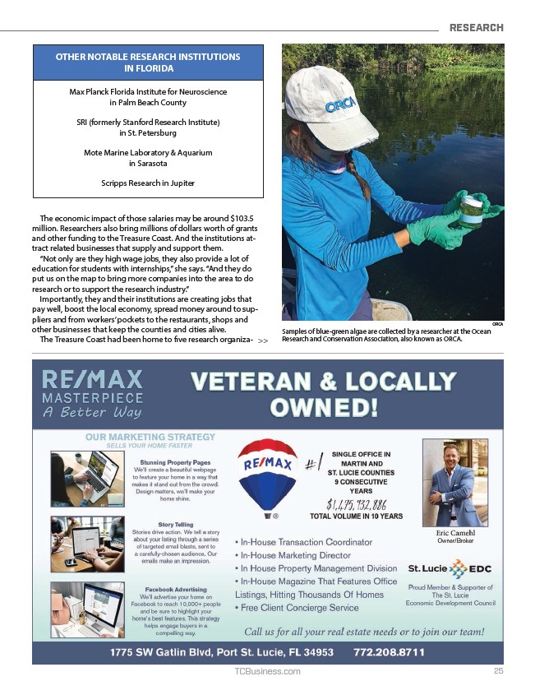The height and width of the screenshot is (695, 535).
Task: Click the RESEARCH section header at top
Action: (476, 27)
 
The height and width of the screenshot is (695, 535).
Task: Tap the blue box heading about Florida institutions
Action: (148, 63)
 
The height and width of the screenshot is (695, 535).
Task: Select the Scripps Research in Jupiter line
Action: (148, 182)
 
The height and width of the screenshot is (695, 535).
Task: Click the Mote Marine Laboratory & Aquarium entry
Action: (148, 152)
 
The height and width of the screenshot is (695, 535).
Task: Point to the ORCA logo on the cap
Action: (340, 105)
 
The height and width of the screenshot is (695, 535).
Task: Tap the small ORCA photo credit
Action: (497, 324)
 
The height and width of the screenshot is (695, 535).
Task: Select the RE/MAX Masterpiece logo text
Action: (93, 393)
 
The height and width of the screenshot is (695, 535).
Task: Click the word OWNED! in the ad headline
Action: (325, 407)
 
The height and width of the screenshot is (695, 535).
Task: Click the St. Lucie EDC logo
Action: (450, 569)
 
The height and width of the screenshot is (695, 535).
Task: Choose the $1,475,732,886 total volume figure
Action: (357, 504)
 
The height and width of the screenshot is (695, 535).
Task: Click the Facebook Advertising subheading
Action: (175, 590)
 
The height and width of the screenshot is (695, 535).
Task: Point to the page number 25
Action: (498, 671)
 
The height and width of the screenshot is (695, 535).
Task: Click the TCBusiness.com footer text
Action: (267, 671)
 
